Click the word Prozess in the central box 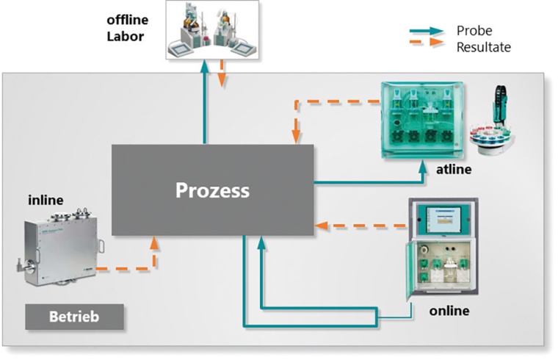click(212, 191)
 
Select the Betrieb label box click(73, 318)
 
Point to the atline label click(452, 170)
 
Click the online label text click(449, 311)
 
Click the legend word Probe click(474, 31)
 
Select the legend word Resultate click(483, 47)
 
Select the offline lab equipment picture click(211, 30)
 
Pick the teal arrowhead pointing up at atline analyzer click(424, 166)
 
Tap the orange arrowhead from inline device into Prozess click(154, 243)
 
